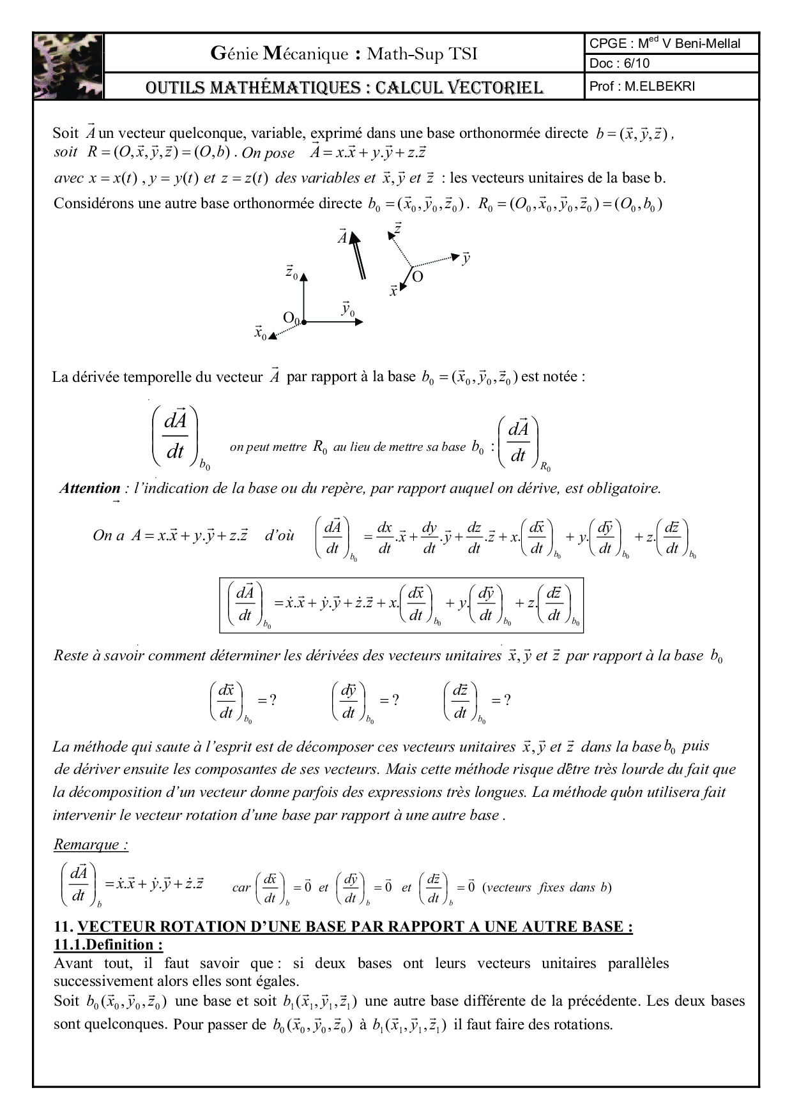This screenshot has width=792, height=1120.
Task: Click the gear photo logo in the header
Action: point(68,66)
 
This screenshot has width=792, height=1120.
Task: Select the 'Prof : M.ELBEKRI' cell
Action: point(642,86)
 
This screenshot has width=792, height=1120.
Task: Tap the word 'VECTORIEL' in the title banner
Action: point(490,87)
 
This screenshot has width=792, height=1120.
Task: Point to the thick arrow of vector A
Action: point(358,255)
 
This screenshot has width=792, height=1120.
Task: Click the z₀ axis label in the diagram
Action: point(291,273)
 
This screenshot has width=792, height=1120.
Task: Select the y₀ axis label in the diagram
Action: point(347,309)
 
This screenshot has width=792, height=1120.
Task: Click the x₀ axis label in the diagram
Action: point(260,333)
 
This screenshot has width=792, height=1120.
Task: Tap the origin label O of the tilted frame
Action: point(417,277)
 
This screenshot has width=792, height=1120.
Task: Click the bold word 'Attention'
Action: point(89,488)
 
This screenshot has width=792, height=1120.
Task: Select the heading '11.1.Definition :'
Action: point(108,944)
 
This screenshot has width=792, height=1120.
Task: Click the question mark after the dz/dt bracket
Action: point(507,700)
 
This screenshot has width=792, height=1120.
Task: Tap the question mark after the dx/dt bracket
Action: point(273,700)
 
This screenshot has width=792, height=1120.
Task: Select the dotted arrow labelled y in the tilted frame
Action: point(437,261)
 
